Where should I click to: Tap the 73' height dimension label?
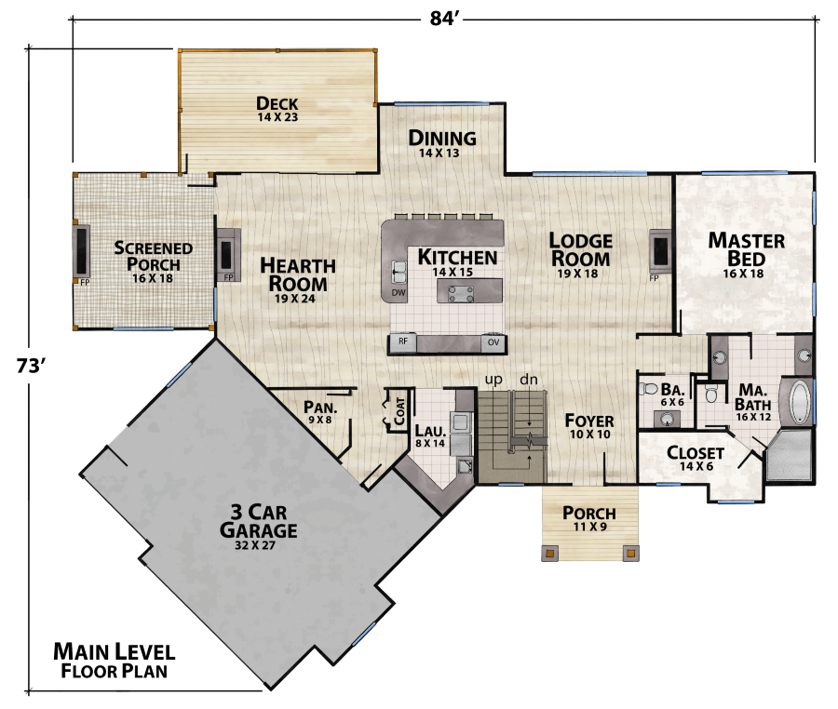point(32,366)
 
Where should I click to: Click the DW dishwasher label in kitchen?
point(398,292)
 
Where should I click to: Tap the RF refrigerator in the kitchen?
point(403,341)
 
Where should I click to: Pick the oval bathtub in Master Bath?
point(798,401)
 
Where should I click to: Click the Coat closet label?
point(399,412)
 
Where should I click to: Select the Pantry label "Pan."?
point(319,407)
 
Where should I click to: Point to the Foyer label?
point(589,421)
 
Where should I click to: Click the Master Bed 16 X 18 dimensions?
point(747,274)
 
